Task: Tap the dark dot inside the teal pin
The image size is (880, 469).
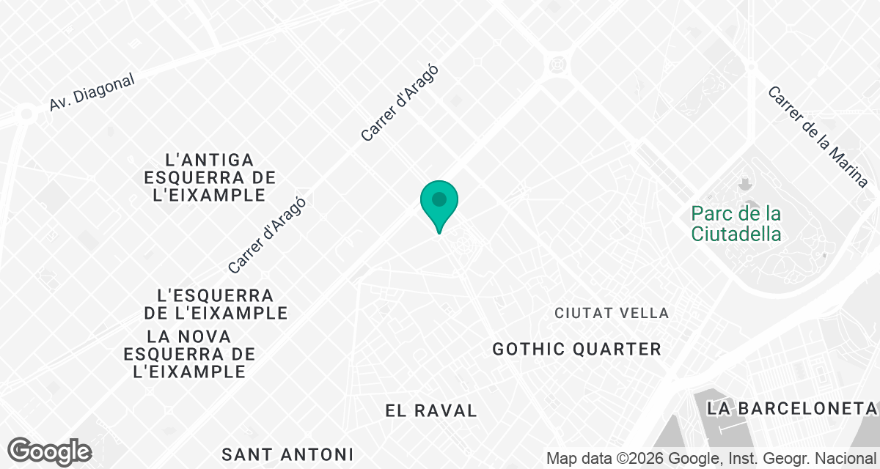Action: click(x=439, y=199)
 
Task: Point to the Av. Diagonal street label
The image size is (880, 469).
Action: click(x=92, y=93)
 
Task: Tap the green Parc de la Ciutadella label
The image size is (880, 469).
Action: click(x=736, y=224)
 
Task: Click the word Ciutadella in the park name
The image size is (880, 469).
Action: click(x=736, y=234)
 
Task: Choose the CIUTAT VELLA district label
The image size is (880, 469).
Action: click(x=612, y=314)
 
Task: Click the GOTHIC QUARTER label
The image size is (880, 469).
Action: click(x=577, y=349)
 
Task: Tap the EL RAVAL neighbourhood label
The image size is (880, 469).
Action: click(x=431, y=410)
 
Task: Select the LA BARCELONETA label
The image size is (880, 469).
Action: click(x=792, y=407)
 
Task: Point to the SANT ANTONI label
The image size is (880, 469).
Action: click(x=287, y=454)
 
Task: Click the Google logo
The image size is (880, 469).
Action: click(x=49, y=451)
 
